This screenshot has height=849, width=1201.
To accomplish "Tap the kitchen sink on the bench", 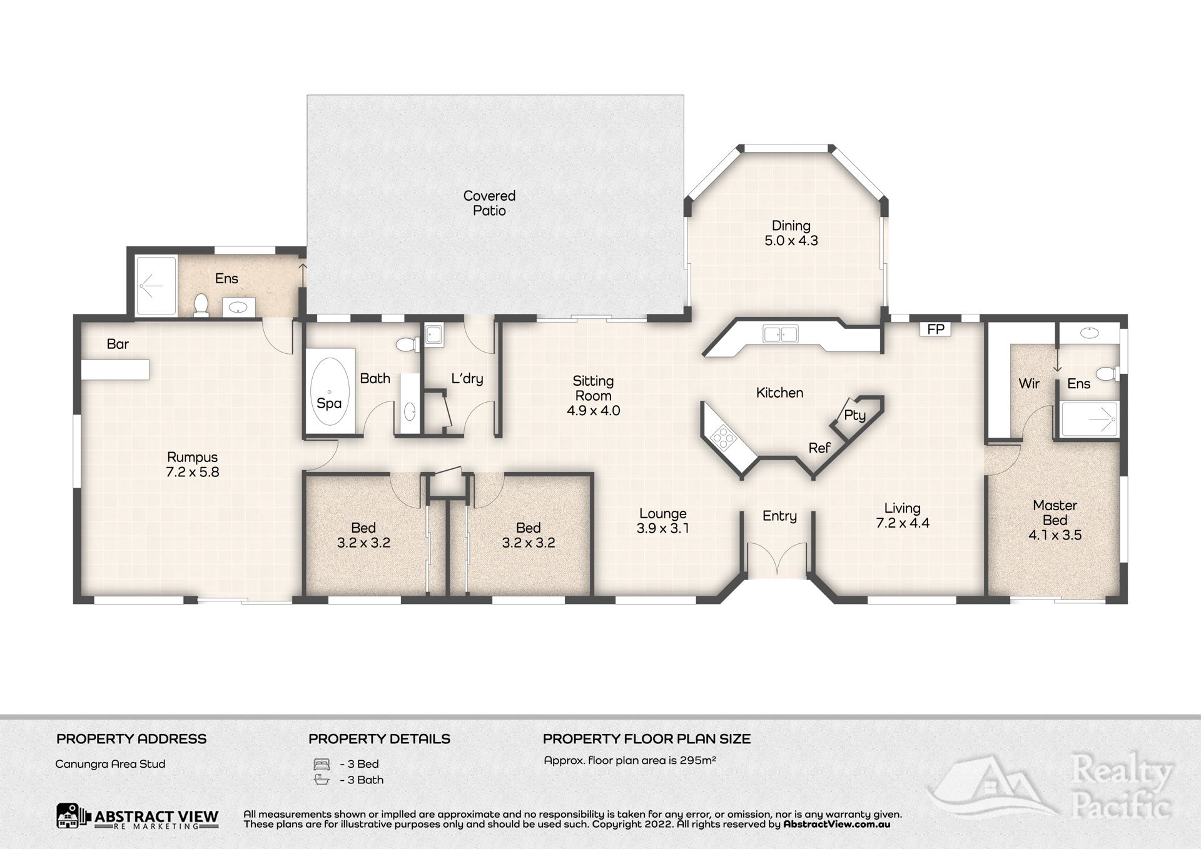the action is pyautogui.click(x=780, y=334).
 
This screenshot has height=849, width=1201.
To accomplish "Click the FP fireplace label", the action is pyautogui.click(x=936, y=329).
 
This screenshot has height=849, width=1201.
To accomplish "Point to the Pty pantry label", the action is pyautogui.click(x=854, y=415).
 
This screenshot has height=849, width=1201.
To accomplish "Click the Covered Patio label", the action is pyautogui.click(x=489, y=203).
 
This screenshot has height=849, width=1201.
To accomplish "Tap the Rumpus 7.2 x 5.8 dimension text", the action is pyautogui.click(x=193, y=473).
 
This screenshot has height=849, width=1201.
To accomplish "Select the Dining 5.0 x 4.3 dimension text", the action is pyautogui.click(x=791, y=241).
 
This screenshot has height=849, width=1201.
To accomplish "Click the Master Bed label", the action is pyautogui.click(x=1055, y=513).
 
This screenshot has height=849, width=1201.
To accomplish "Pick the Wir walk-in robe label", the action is pyautogui.click(x=1029, y=384).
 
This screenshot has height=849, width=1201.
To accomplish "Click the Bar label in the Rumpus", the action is pyautogui.click(x=118, y=344).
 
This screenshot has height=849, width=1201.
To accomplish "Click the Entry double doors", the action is pyautogui.click(x=778, y=559).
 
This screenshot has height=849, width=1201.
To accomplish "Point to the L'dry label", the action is pyautogui.click(x=467, y=378).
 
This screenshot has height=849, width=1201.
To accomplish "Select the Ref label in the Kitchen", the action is pyautogui.click(x=819, y=448).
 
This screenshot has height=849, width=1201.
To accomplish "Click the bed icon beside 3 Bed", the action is pyautogui.click(x=321, y=764).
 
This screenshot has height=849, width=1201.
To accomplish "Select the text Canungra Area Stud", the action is pyautogui.click(x=110, y=764).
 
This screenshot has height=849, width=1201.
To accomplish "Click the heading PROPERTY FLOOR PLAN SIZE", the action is pyautogui.click(x=647, y=739).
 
